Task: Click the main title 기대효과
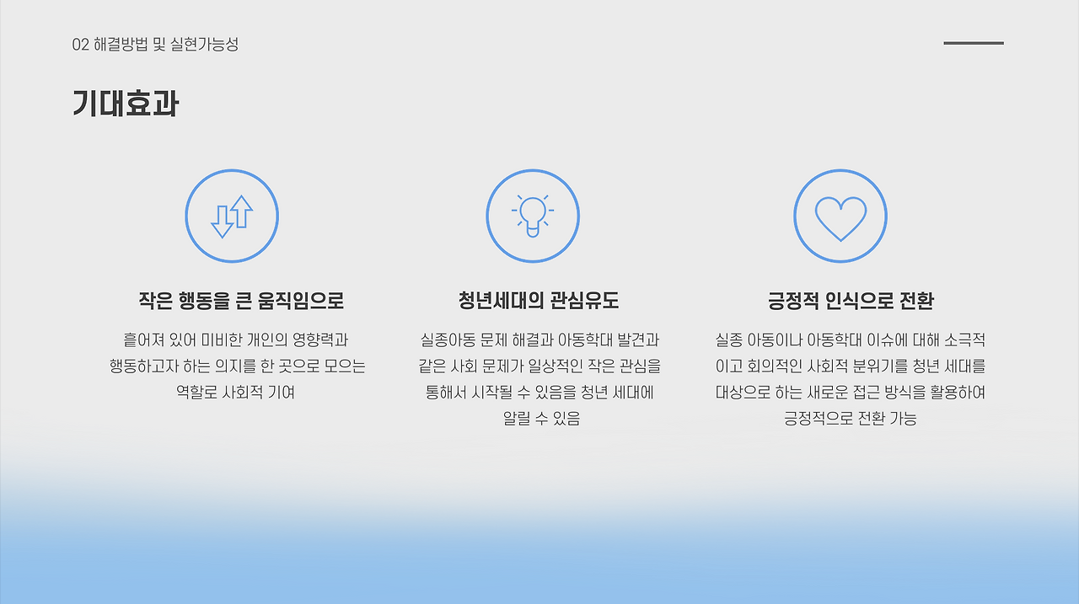(125, 104)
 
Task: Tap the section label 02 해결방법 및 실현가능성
(155, 45)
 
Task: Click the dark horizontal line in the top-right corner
(973, 43)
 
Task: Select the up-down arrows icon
(232, 216)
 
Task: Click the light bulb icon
(533, 216)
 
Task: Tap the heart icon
(840, 216)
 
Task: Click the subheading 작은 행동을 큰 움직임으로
(241, 301)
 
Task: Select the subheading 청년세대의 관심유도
(539, 301)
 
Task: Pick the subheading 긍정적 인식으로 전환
(851, 301)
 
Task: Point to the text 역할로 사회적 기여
(235, 393)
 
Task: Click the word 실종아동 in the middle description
(447, 340)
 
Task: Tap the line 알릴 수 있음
(540, 419)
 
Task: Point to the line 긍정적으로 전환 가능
(850, 419)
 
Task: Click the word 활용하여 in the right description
(958, 393)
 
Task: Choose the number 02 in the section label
(81, 45)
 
